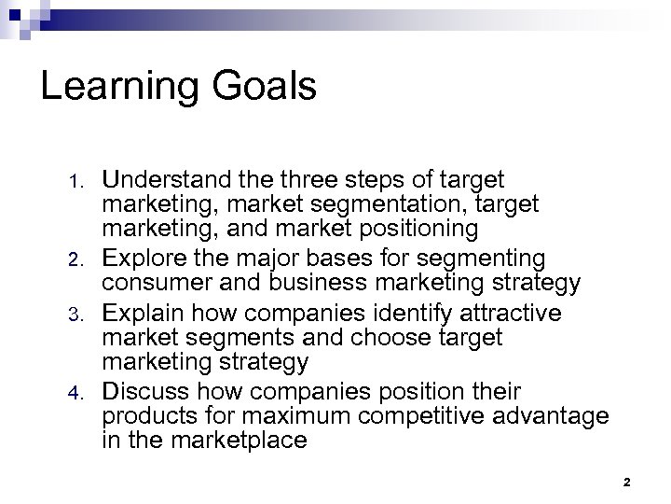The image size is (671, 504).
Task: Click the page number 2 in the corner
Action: (626, 482)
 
